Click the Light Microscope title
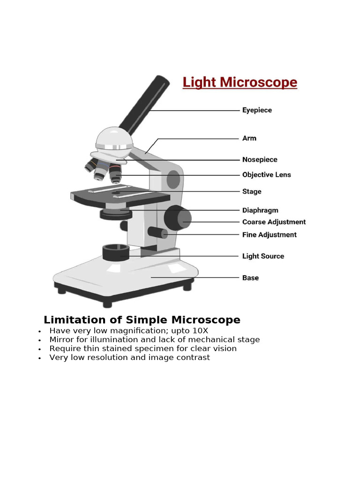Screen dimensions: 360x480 click(x=240, y=82)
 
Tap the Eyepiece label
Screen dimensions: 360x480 click(x=257, y=110)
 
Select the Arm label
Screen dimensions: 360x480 click(x=249, y=138)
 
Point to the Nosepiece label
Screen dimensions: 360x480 click(x=260, y=160)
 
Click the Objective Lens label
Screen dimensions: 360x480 click(x=266, y=175)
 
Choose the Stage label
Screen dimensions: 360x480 click(x=252, y=191)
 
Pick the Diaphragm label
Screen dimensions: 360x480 click(x=260, y=210)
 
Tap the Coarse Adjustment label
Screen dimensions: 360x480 click(x=274, y=222)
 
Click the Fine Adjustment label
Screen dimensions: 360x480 click(x=269, y=235)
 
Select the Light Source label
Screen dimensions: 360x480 click(x=263, y=256)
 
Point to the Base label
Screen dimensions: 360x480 click(x=250, y=278)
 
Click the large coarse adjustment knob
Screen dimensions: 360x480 click(x=177, y=218)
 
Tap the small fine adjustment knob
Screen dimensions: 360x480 click(x=157, y=232)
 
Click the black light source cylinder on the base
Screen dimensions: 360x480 click(x=116, y=253)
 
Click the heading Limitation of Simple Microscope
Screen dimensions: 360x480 click(x=142, y=320)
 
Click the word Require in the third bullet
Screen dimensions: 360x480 click(x=65, y=349)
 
